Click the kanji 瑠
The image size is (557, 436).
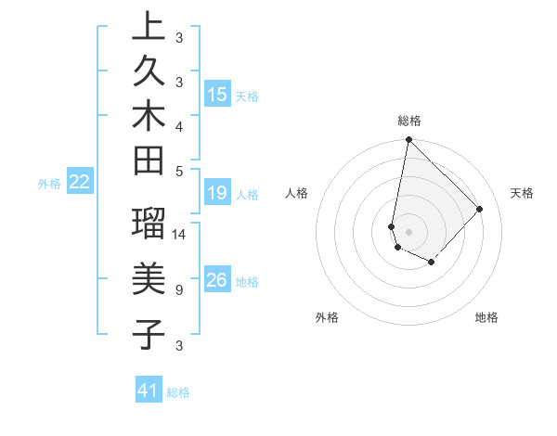pyautogui.click(x=149, y=225)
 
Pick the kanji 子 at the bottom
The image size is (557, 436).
pyautogui.click(x=149, y=334)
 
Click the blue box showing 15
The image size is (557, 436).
pyautogui.click(x=217, y=95)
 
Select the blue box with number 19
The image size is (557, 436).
pyautogui.click(x=217, y=193)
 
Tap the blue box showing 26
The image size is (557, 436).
pyautogui.click(x=217, y=280)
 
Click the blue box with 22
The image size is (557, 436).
pyautogui.click(x=80, y=182)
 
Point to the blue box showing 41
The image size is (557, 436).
pyautogui.click(x=149, y=391)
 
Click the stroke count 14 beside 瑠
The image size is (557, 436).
pyautogui.click(x=180, y=235)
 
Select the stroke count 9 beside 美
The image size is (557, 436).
pyautogui.click(x=178, y=290)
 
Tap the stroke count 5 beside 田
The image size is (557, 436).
pyautogui.click(x=178, y=171)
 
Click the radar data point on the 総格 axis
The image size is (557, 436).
pyautogui.click(x=408, y=140)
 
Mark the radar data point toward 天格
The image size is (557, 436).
pyautogui.click(x=479, y=209)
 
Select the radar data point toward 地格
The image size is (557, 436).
pyautogui.click(x=432, y=263)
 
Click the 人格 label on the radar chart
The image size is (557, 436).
pyautogui.click(x=297, y=193)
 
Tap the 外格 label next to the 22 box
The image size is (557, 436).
pyautogui.click(x=49, y=183)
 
